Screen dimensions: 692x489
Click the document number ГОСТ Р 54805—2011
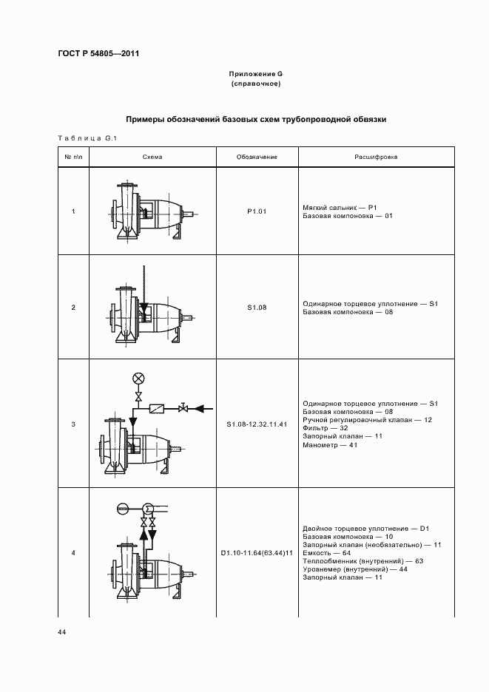(x=98, y=53)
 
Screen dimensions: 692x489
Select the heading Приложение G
(x=256, y=75)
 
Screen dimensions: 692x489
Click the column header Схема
(x=152, y=157)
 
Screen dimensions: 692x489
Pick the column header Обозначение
(x=256, y=157)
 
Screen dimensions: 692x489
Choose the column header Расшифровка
(x=376, y=157)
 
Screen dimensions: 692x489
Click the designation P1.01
(x=256, y=211)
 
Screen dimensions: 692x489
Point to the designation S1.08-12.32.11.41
(x=256, y=424)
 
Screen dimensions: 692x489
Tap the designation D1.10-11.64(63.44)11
(x=256, y=553)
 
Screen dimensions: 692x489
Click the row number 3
(x=73, y=424)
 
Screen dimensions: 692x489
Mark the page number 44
(x=61, y=632)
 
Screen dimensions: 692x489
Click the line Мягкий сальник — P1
(x=340, y=208)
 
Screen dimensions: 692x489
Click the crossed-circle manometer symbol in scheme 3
(x=138, y=379)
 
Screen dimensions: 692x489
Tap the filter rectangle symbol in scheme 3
(x=156, y=408)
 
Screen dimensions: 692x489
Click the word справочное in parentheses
(x=256, y=84)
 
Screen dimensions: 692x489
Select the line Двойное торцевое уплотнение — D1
(x=366, y=529)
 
